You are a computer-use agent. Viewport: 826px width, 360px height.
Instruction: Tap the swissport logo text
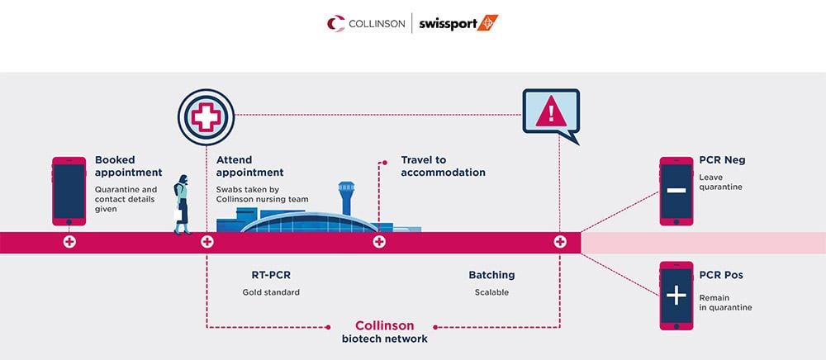pos(458,23)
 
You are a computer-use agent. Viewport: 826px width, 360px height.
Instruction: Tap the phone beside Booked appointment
pos(69,191)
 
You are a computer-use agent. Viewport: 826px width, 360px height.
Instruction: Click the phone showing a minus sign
pos(676,191)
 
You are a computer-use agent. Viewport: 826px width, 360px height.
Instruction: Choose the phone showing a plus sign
pos(676,296)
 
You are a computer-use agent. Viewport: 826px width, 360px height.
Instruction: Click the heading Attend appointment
pos(249,166)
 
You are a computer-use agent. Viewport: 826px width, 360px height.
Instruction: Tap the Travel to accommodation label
pos(443,166)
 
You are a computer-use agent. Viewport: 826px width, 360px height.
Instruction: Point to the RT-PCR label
pos(270,275)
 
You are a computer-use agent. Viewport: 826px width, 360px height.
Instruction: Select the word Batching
pos(491,275)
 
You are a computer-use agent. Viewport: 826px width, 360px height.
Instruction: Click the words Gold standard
pos(271,292)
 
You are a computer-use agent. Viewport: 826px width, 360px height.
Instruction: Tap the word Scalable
pos(491,292)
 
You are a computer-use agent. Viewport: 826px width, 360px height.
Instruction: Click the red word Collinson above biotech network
pos(384,325)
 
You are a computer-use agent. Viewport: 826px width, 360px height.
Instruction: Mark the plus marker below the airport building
pos(379,242)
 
